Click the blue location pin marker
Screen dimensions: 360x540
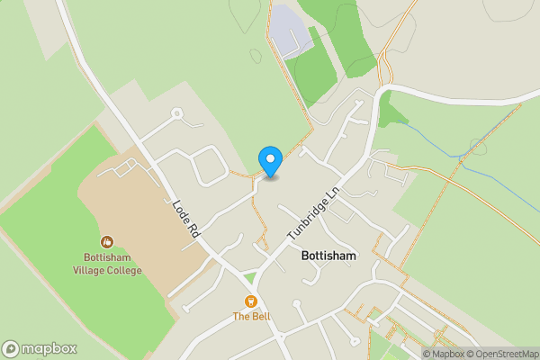[x=270, y=160]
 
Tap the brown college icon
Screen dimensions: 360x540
[x=106, y=241]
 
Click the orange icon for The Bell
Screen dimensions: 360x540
[x=251, y=301]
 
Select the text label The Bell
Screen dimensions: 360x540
[x=251, y=316]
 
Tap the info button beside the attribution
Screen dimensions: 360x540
[x=428, y=354]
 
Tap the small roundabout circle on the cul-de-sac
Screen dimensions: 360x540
[x=177, y=113]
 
